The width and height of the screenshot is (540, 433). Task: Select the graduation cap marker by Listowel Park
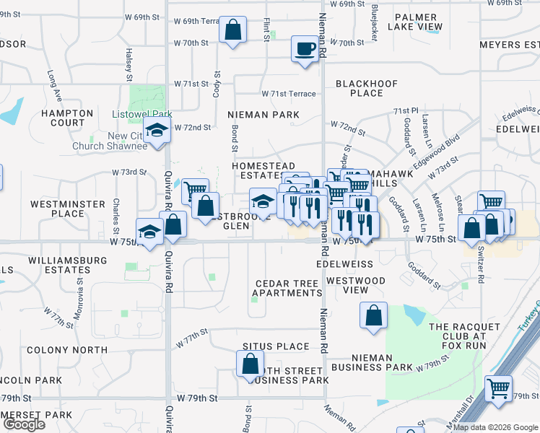click(155, 131)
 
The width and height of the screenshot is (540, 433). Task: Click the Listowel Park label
click(141, 114)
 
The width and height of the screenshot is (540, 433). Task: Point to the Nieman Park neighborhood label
click(263, 115)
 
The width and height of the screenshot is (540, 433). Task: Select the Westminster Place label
click(68, 209)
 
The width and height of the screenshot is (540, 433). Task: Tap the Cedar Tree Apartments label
click(287, 288)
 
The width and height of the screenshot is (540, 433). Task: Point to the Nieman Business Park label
click(372, 362)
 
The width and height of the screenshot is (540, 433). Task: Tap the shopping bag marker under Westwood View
click(373, 315)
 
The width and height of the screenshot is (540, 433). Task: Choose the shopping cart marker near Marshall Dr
click(498, 389)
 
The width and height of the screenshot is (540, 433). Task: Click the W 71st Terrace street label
click(289, 94)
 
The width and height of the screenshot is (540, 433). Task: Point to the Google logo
click(24, 424)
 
